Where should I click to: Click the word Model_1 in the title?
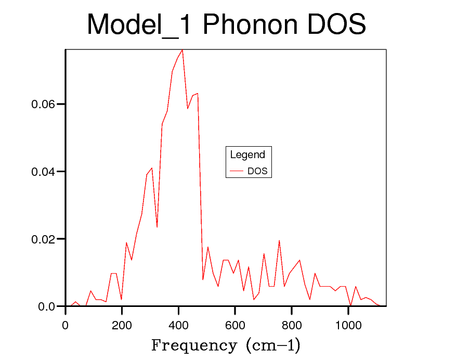point(140,24)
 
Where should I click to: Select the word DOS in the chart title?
point(336,24)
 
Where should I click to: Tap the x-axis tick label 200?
point(122,326)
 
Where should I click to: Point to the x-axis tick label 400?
point(178,326)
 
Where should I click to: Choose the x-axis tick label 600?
point(235,326)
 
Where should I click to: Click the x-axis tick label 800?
point(292,326)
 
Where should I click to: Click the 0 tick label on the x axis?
point(66,326)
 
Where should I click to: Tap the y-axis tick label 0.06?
point(42,105)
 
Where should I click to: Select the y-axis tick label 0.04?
point(42,172)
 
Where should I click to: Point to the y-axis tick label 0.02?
point(42,239)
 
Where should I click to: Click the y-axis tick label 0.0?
point(46,307)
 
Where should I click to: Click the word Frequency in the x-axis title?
point(193,345)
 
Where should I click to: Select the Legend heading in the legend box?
point(247,155)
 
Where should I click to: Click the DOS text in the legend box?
point(257,171)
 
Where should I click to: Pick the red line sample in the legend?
point(237,171)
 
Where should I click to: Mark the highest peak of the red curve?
point(182,50)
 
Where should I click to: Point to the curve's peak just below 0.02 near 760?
point(279,240)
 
